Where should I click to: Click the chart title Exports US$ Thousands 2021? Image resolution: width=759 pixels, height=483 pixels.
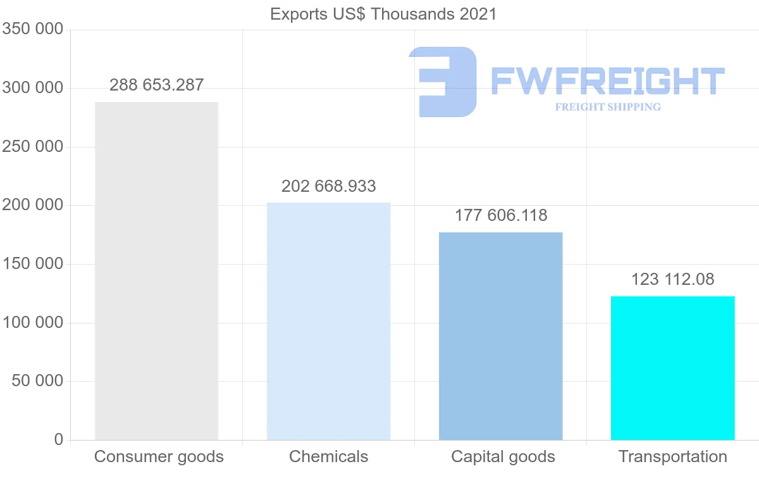(x=383, y=14)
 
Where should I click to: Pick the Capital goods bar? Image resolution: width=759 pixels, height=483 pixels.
(x=500, y=336)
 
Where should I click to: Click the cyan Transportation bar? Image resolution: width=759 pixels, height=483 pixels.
(x=672, y=368)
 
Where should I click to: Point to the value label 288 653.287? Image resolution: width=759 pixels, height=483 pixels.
(x=156, y=85)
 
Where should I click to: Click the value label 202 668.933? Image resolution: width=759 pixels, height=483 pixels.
(x=328, y=187)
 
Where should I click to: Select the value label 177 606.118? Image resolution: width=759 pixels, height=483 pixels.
(x=500, y=216)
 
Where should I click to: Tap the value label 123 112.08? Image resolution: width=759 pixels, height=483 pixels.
(x=672, y=280)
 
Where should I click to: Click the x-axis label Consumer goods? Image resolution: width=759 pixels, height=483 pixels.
(x=159, y=457)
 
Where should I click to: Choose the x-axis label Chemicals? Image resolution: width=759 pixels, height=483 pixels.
(x=328, y=457)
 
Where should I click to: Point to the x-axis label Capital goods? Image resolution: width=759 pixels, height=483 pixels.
(x=503, y=457)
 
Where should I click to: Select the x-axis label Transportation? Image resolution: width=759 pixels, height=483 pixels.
(x=672, y=457)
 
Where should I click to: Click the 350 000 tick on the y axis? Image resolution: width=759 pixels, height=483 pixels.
(x=32, y=30)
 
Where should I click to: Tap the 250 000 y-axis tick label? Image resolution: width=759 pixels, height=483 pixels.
(x=32, y=147)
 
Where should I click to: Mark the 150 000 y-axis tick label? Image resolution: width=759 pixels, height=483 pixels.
(x=32, y=264)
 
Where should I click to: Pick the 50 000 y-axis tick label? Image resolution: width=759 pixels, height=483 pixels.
(x=37, y=381)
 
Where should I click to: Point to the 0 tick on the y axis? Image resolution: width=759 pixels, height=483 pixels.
(x=59, y=439)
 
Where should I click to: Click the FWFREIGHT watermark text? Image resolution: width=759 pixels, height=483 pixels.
(x=607, y=81)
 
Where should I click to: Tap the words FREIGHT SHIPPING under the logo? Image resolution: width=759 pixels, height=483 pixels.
(x=607, y=107)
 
